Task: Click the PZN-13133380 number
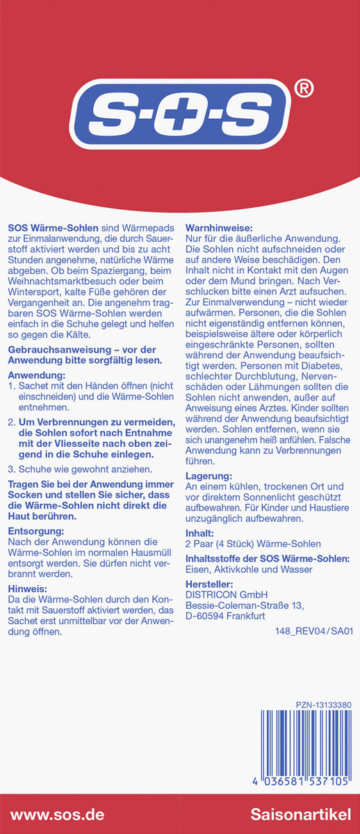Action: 323,705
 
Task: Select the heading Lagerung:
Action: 208,476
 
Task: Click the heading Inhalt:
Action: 201,533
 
